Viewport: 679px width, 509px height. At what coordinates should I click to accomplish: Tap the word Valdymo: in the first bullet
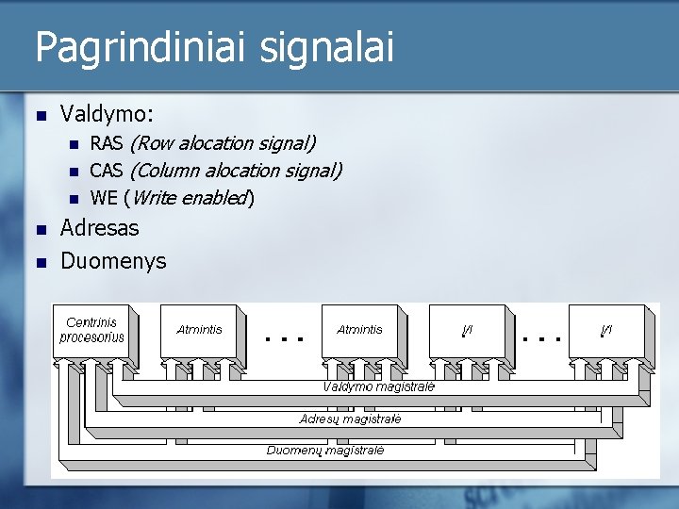108,114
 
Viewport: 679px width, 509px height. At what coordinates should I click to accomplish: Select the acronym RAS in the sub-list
107,143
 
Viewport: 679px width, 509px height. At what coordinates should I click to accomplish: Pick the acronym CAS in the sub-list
107,171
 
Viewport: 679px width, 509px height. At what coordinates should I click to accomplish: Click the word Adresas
99,228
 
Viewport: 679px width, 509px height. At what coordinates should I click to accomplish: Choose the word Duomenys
113,261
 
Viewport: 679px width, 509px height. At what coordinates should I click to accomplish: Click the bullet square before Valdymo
40,116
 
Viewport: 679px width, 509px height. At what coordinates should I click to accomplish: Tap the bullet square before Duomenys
40,262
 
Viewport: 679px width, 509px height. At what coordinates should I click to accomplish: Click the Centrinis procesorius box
91,331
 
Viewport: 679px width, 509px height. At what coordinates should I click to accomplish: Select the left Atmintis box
199,330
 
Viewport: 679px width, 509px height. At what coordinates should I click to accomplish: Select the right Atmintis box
359,330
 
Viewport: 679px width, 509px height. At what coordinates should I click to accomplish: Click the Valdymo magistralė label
378,386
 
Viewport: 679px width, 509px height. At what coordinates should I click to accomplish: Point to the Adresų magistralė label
350,419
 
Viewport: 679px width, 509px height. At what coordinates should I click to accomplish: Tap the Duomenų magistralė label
325,451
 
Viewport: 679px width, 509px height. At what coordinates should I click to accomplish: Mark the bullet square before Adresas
40,229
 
